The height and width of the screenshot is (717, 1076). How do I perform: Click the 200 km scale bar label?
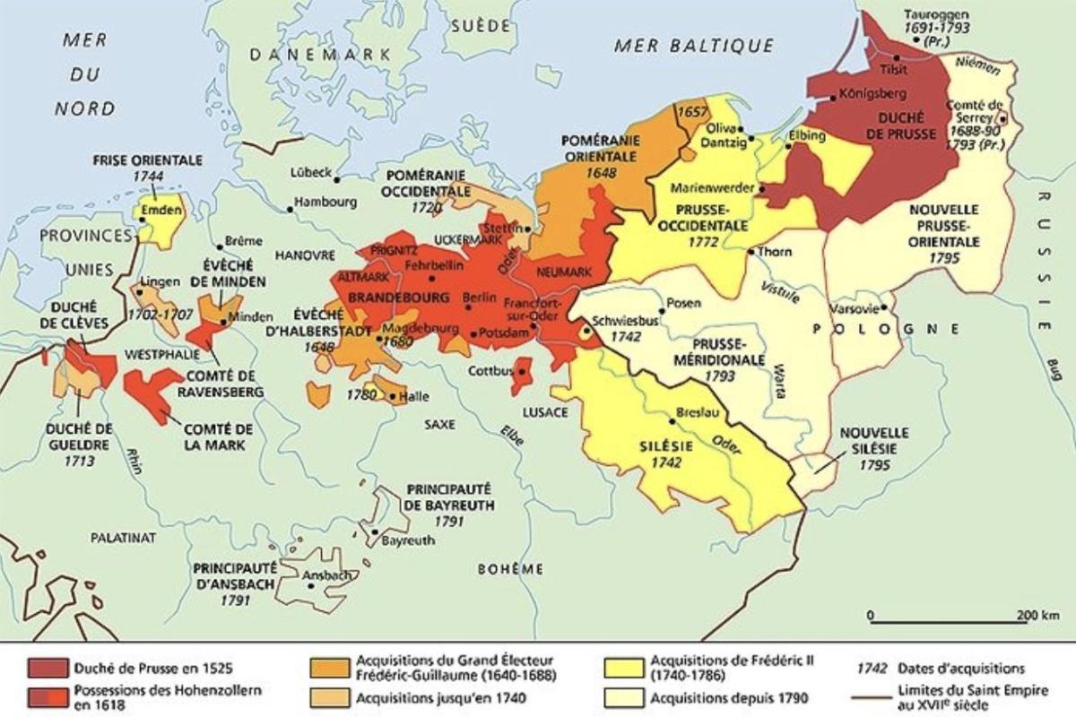coord(1039,615)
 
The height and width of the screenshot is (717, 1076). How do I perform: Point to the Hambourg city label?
coord(325,202)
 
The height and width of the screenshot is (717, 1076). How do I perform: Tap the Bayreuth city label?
coord(408,540)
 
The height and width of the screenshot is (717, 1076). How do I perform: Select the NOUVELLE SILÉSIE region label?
coord(873,441)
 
